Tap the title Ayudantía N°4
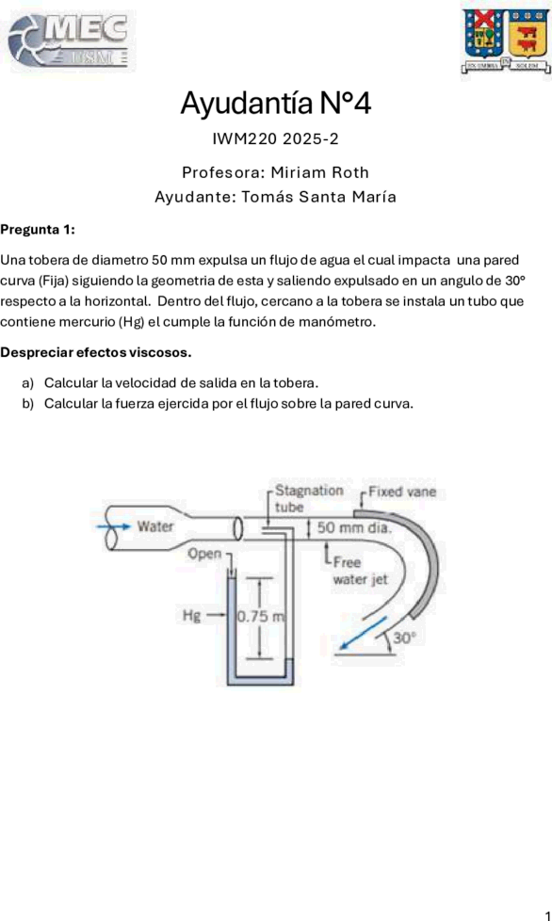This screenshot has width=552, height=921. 275,104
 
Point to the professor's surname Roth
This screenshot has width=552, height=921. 350,172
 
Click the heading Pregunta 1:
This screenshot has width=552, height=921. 38,230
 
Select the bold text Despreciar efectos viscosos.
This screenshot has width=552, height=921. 96,353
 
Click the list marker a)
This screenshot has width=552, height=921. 27,383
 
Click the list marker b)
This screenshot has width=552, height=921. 27,404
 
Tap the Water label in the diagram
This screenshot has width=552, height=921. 155,525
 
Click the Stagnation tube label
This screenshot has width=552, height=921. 309,498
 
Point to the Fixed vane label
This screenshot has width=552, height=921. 402,492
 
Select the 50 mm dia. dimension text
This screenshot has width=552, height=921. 353,526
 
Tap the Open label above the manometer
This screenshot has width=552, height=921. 204,554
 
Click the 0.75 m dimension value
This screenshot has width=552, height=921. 261,616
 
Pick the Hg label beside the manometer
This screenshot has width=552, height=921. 191,615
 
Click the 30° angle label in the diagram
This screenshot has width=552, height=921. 404,638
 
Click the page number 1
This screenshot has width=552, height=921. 547,914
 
